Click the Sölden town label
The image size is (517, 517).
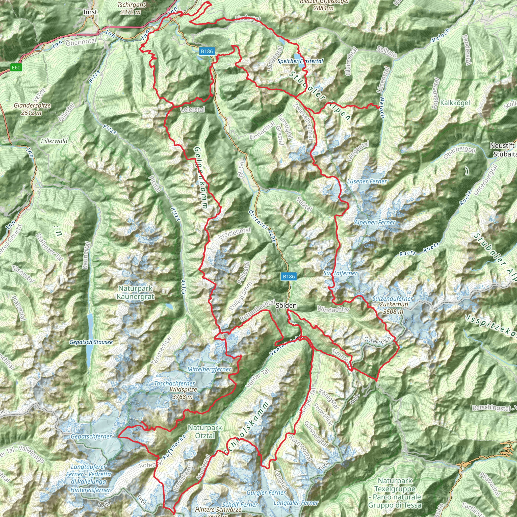pos(286,305)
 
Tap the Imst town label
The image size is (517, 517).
pos(90,12)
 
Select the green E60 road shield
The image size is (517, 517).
pos(16,67)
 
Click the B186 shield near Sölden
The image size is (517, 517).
pos(289,276)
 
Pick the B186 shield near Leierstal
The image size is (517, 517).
pos(207,51)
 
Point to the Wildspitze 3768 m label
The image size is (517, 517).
pos(183,393)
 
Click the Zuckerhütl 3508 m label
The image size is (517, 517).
pos(393,308)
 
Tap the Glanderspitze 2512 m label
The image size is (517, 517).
pos(32,109)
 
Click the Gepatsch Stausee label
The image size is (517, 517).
pos(91,342)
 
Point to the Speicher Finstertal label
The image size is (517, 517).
pos(300,61)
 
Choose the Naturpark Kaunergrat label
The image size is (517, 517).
pos(136,293)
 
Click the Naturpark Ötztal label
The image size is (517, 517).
pos(205,432)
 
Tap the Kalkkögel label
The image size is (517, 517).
pos(455,103)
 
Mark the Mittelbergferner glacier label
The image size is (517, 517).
pos(209,369)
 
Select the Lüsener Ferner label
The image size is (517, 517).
pos(367,182)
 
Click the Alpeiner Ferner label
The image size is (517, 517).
pos(375,222)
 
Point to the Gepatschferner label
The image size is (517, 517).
pos(91,436)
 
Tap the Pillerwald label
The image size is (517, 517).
pos(54,141)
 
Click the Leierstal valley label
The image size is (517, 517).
pos(193,110)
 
